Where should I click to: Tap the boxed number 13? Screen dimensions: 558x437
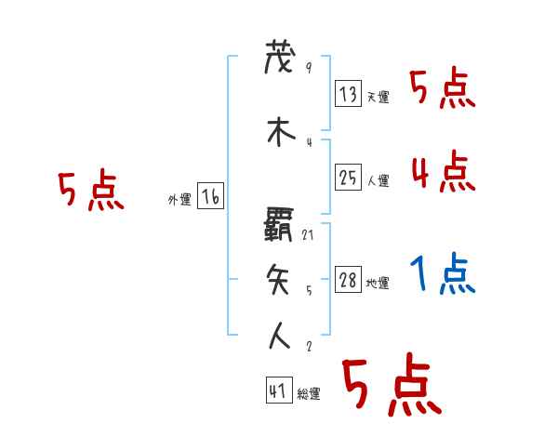[x=348, y=94]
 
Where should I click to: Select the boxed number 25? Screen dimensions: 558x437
[x=348, y=178]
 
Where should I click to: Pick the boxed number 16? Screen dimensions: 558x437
[x=210, y=197]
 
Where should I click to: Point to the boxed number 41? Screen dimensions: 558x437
[x=277, y=391]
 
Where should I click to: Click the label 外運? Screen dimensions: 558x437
[x=179, y=200]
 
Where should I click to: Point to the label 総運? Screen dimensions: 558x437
[x=309, y=394]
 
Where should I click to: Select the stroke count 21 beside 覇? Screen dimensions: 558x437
[x=308, y=234]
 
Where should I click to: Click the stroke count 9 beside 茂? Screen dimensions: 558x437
[x=308, y=68]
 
